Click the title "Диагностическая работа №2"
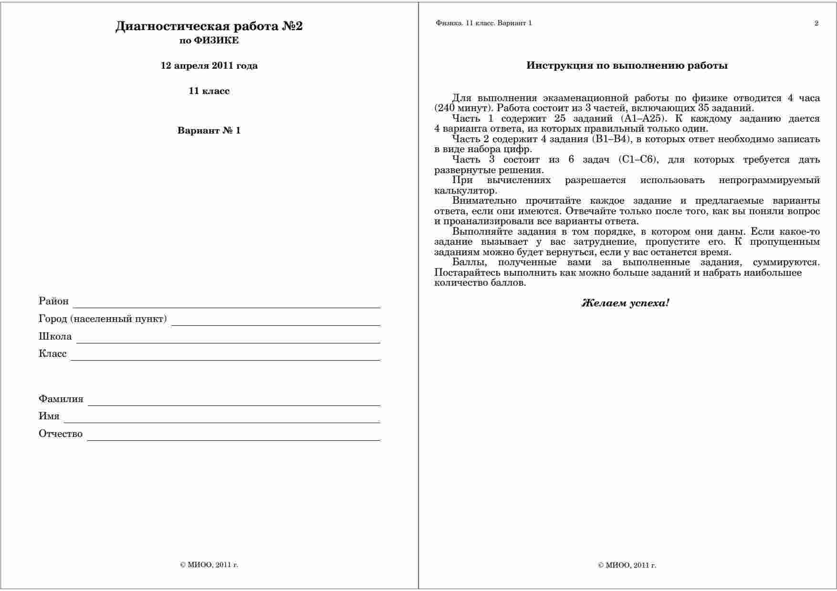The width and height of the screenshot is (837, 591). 209,26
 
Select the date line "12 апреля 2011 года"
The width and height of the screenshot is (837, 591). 209,66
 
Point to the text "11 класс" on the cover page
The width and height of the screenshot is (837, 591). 209,91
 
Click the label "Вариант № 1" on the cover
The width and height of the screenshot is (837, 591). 209,131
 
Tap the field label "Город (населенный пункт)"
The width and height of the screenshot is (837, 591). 103,319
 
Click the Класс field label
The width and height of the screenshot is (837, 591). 52,354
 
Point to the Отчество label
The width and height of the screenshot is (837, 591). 61,434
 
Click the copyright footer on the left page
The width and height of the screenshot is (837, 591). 209,565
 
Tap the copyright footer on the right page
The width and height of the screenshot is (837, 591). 627,566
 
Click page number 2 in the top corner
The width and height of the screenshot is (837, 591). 816,23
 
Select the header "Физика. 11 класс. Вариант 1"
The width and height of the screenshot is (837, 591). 483,23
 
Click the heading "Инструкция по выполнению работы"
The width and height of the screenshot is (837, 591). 627,66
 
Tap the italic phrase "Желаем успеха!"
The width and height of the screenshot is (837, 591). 625,303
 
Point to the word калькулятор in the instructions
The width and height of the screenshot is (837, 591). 465,191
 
